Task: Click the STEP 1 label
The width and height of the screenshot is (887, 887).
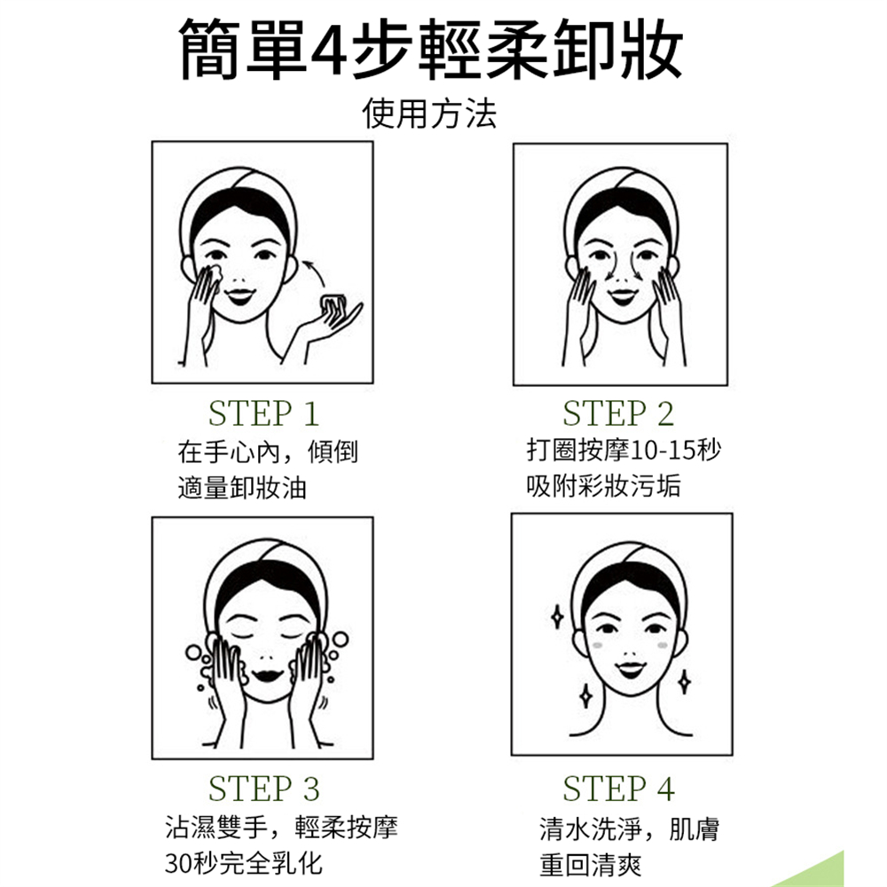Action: pos(263,413)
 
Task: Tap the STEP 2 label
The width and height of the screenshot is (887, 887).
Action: pos(618,413)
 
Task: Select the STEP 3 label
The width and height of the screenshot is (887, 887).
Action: pos(263,789)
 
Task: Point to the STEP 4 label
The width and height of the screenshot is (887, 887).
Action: pos(618,789)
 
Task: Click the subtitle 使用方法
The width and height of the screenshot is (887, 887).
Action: pos(429,114)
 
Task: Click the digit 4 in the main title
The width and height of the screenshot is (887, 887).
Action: pos(329,50)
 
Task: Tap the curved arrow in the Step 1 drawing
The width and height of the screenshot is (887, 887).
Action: pos(315,272)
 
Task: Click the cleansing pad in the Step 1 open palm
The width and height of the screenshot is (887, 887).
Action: pos(334,303)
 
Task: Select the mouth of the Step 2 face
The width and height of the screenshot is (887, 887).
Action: pos(623,296)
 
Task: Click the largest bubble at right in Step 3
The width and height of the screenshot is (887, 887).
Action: pos(341,640)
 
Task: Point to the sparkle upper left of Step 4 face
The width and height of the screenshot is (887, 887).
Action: pos(557,617)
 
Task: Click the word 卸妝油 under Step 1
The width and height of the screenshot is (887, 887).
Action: pos(269,488)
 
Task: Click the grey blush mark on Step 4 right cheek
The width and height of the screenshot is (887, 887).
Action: pos(663,646)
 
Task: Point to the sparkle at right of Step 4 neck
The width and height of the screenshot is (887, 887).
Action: pos(685,681)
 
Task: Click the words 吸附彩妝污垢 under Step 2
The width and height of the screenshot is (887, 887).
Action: pos(603,486)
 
